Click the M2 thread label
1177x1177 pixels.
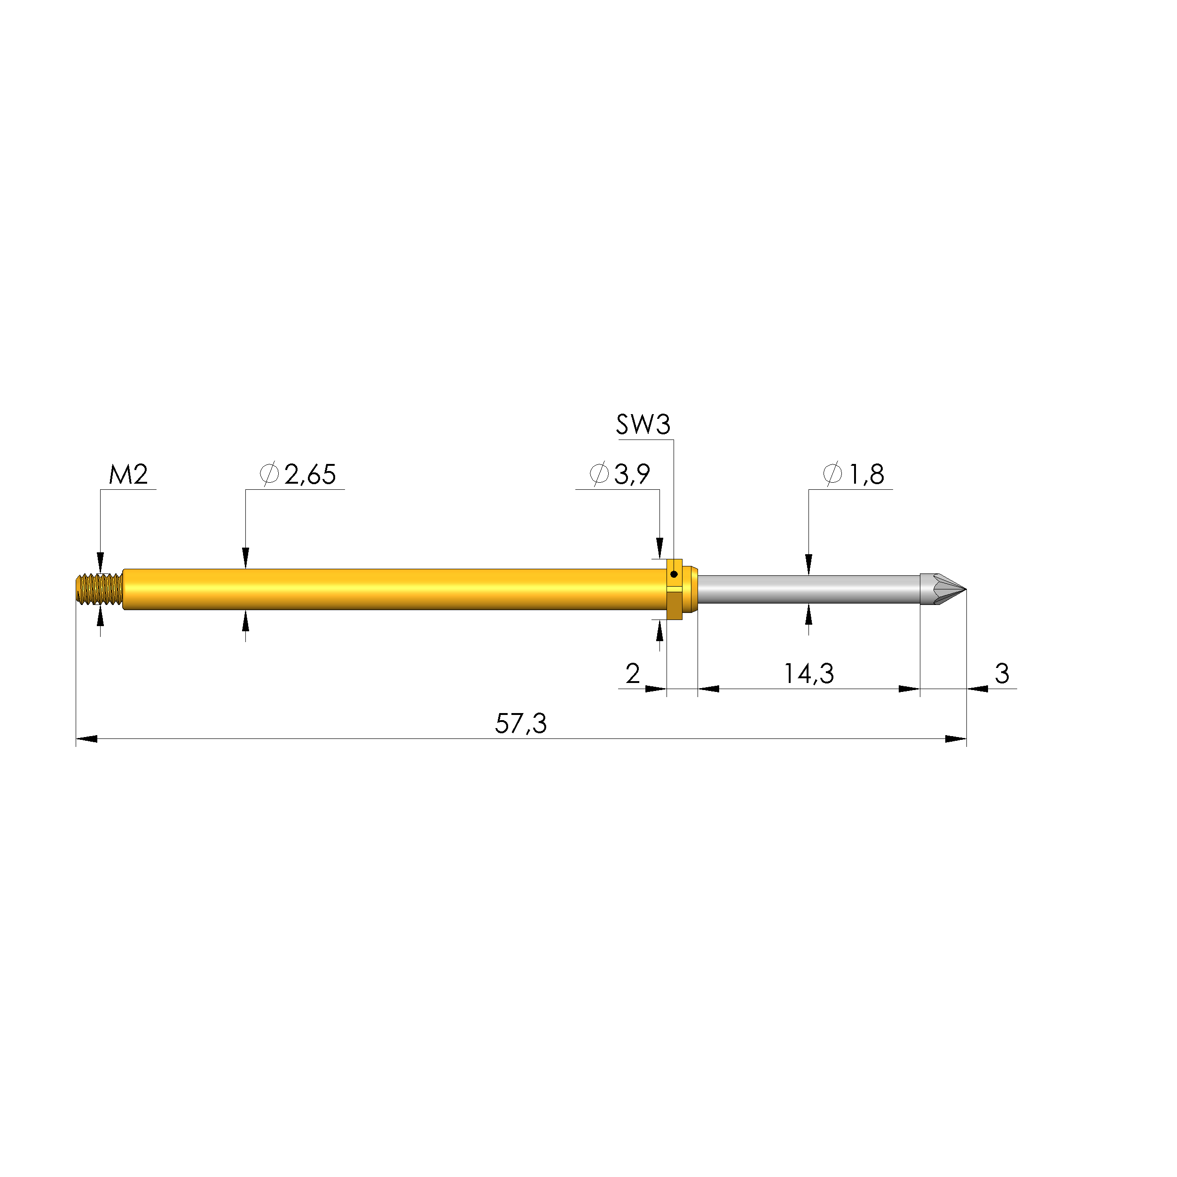coord(128,475)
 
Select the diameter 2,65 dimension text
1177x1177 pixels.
coord(298,475)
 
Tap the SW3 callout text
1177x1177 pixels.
coord(643,424)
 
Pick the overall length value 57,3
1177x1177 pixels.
coord(521,724)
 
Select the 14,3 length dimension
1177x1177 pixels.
coord(808,674)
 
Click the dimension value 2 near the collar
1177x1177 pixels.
coord(633,673)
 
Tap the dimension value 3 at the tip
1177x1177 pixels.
coord(1002,673)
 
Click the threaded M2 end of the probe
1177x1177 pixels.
coord(99,589)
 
